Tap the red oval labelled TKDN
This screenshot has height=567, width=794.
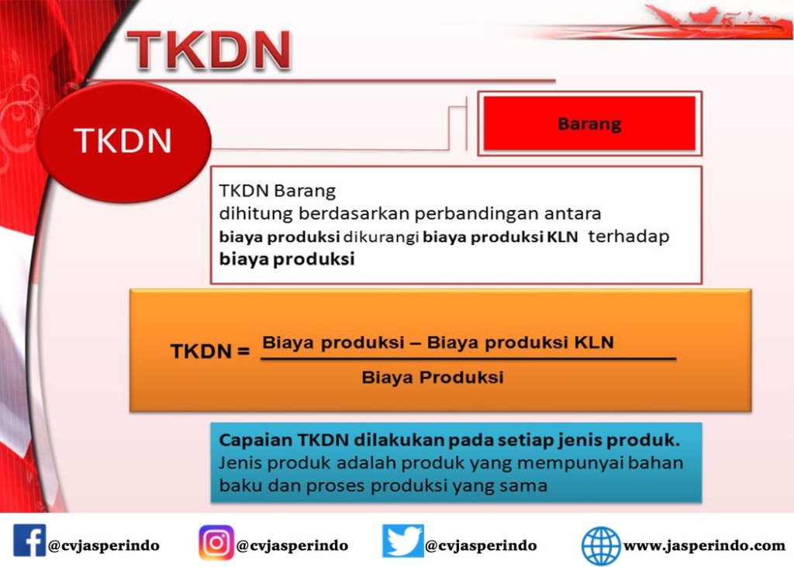coord(123,141)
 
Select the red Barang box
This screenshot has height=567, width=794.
coord(589,123)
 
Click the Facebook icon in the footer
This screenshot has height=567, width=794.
coord(29,541)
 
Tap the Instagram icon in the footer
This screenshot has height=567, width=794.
coord(216,542)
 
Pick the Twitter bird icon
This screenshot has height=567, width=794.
coord(402,541)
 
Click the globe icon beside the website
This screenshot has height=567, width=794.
coord(601,546)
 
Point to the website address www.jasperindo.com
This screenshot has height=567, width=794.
coord(704,546)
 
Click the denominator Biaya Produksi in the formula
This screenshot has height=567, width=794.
coord(433,377)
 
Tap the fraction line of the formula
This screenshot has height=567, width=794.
coord(468,359)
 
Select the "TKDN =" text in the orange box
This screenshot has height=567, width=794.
coord(210,351)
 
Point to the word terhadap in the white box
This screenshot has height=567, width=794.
coord(628,236)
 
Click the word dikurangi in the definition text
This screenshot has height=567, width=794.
coord(381,237)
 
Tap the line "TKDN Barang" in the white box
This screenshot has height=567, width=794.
coord(277,191)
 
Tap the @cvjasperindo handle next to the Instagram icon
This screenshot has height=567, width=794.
coord(292,546)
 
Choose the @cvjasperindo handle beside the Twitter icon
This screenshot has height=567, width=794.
coord(481,546)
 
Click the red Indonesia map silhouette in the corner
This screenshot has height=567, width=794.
coord(719,20)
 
